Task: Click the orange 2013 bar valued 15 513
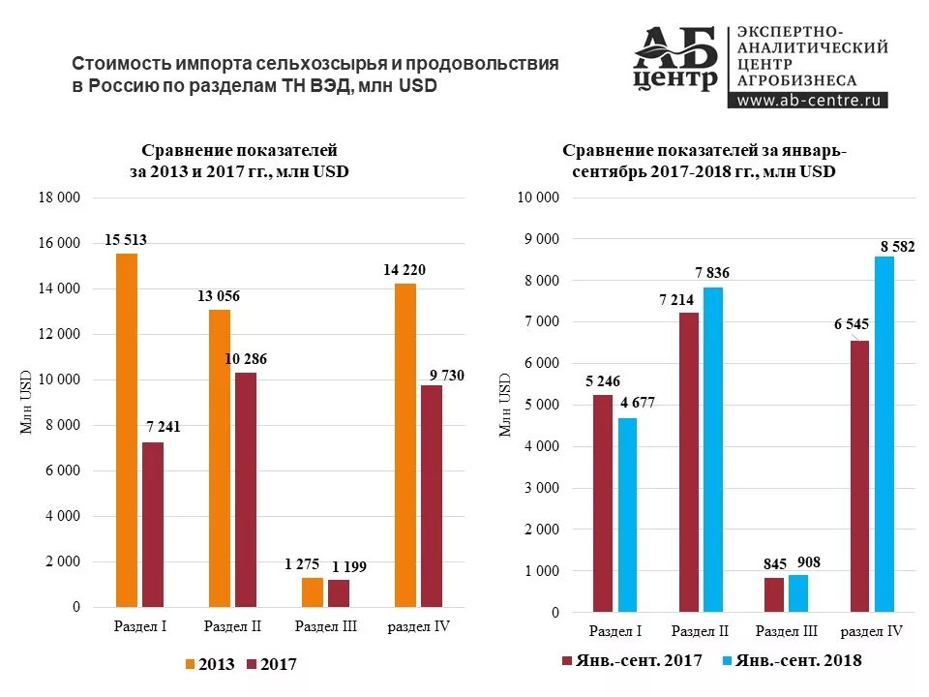coord(127,430)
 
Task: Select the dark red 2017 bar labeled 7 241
coord(153,524)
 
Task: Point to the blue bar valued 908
coord(798,593)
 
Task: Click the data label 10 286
coord(248,359)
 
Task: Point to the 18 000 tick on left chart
coord(60,197)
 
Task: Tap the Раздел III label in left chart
coord(325,626)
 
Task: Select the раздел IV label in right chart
coord(871,631)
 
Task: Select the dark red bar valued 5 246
coord(603,503)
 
